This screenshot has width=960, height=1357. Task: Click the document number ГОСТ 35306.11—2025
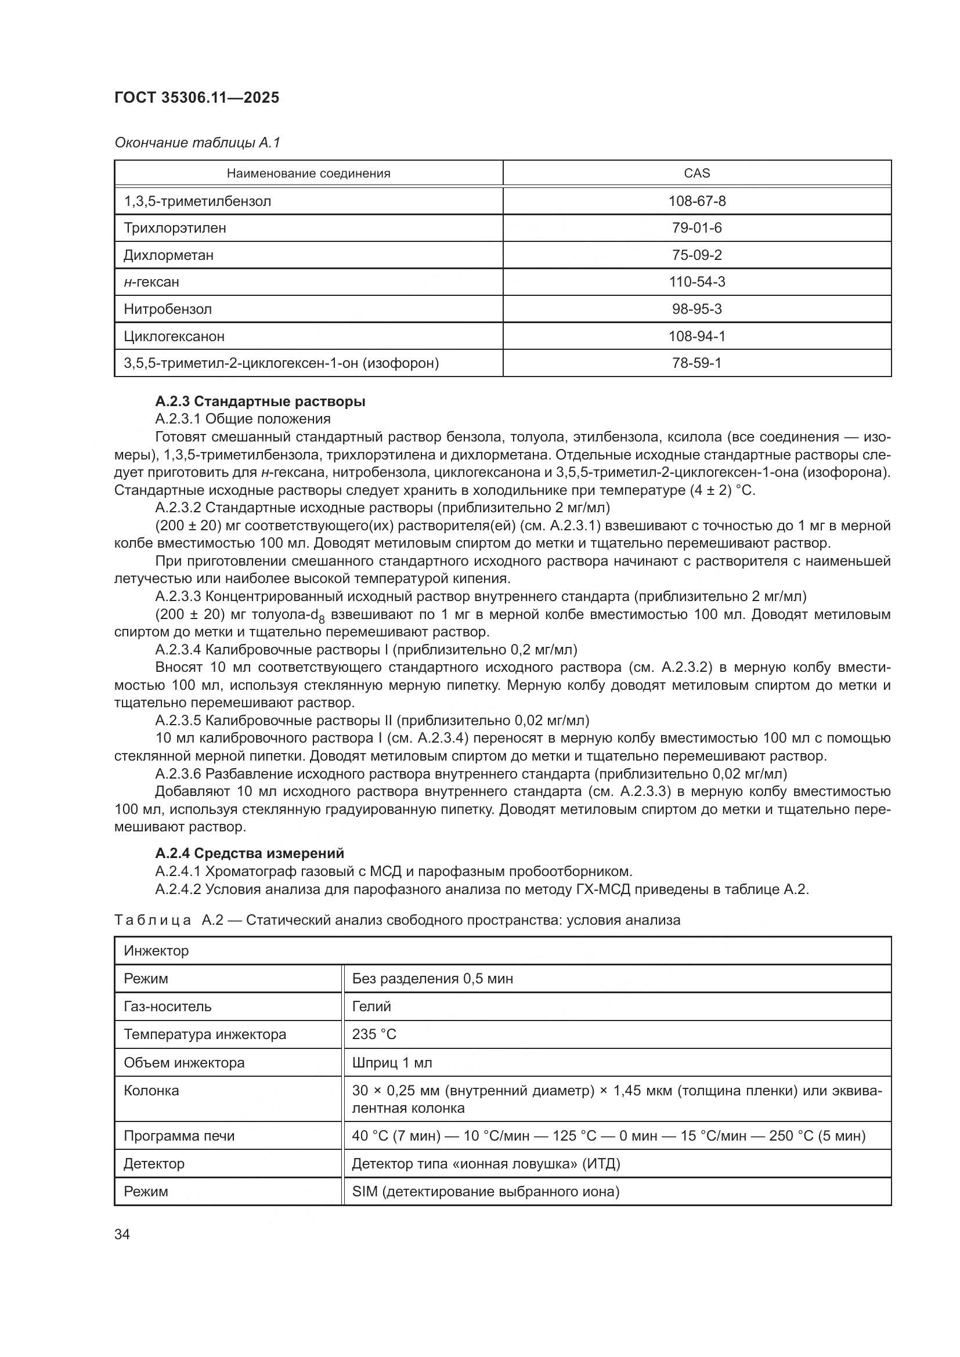[196, 97]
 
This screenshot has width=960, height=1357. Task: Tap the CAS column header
[696, 173]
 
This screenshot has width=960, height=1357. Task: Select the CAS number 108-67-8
[696, 201]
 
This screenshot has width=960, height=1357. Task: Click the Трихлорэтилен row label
[174, 228]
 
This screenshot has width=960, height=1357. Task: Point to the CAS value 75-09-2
[696, 255]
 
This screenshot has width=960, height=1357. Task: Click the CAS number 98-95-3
[696, 309]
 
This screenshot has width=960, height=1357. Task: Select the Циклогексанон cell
[174, 336]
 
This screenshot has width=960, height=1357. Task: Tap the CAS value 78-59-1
[696, 363]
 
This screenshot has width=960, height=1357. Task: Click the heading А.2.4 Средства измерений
[250, 853]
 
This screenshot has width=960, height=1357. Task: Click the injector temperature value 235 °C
[374, 1034]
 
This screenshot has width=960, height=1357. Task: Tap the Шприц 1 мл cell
[391, 1063]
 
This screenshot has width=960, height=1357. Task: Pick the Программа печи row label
[179, 1136]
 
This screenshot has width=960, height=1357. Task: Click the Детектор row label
[154, 1164]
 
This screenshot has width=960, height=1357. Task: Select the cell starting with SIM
[485, 1192]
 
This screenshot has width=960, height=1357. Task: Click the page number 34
[122, 1235]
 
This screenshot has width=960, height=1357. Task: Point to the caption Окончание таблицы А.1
[197, 143]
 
